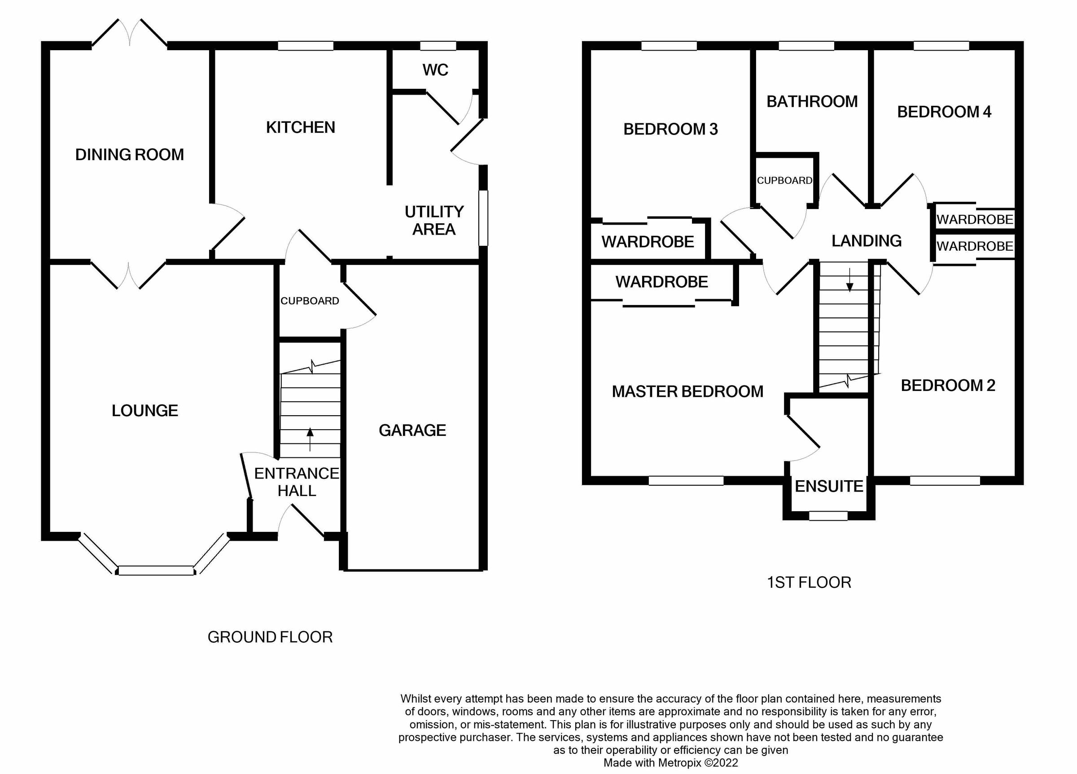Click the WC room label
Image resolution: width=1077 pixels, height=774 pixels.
click(x=435, y=70)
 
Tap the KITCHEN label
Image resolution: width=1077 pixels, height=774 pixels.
click(x=300, y=127)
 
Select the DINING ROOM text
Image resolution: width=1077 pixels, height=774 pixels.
click(x=129, y=155)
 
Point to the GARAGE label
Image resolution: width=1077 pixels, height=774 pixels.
click(x=412, y=430)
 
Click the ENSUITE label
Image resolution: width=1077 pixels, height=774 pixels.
click(x=829, y=487)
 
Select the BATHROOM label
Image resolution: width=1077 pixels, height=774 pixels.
click(x=812, y=101)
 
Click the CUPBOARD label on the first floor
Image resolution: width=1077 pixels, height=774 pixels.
click(x=784, y=181)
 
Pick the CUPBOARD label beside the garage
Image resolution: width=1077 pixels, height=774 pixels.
click(x=310, y=301)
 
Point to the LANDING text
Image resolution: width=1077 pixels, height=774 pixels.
click(x=866, y=241)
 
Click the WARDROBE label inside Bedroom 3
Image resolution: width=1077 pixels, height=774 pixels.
click(x=648, y=242)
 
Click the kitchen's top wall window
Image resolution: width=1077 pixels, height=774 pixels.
click(x=305, y=46)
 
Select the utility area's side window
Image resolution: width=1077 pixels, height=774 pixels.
click(x=483, y=218)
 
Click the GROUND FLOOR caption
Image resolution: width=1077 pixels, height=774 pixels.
click(x=270, y=637)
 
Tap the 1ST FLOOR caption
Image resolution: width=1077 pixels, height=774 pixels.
click(x=809, y=582)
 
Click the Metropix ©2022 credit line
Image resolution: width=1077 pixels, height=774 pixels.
click(x=670, y=763)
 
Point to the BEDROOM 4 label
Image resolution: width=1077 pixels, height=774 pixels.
click(x=944, y=112)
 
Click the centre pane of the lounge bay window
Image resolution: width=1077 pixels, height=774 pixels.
click(x=156, y=570)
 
